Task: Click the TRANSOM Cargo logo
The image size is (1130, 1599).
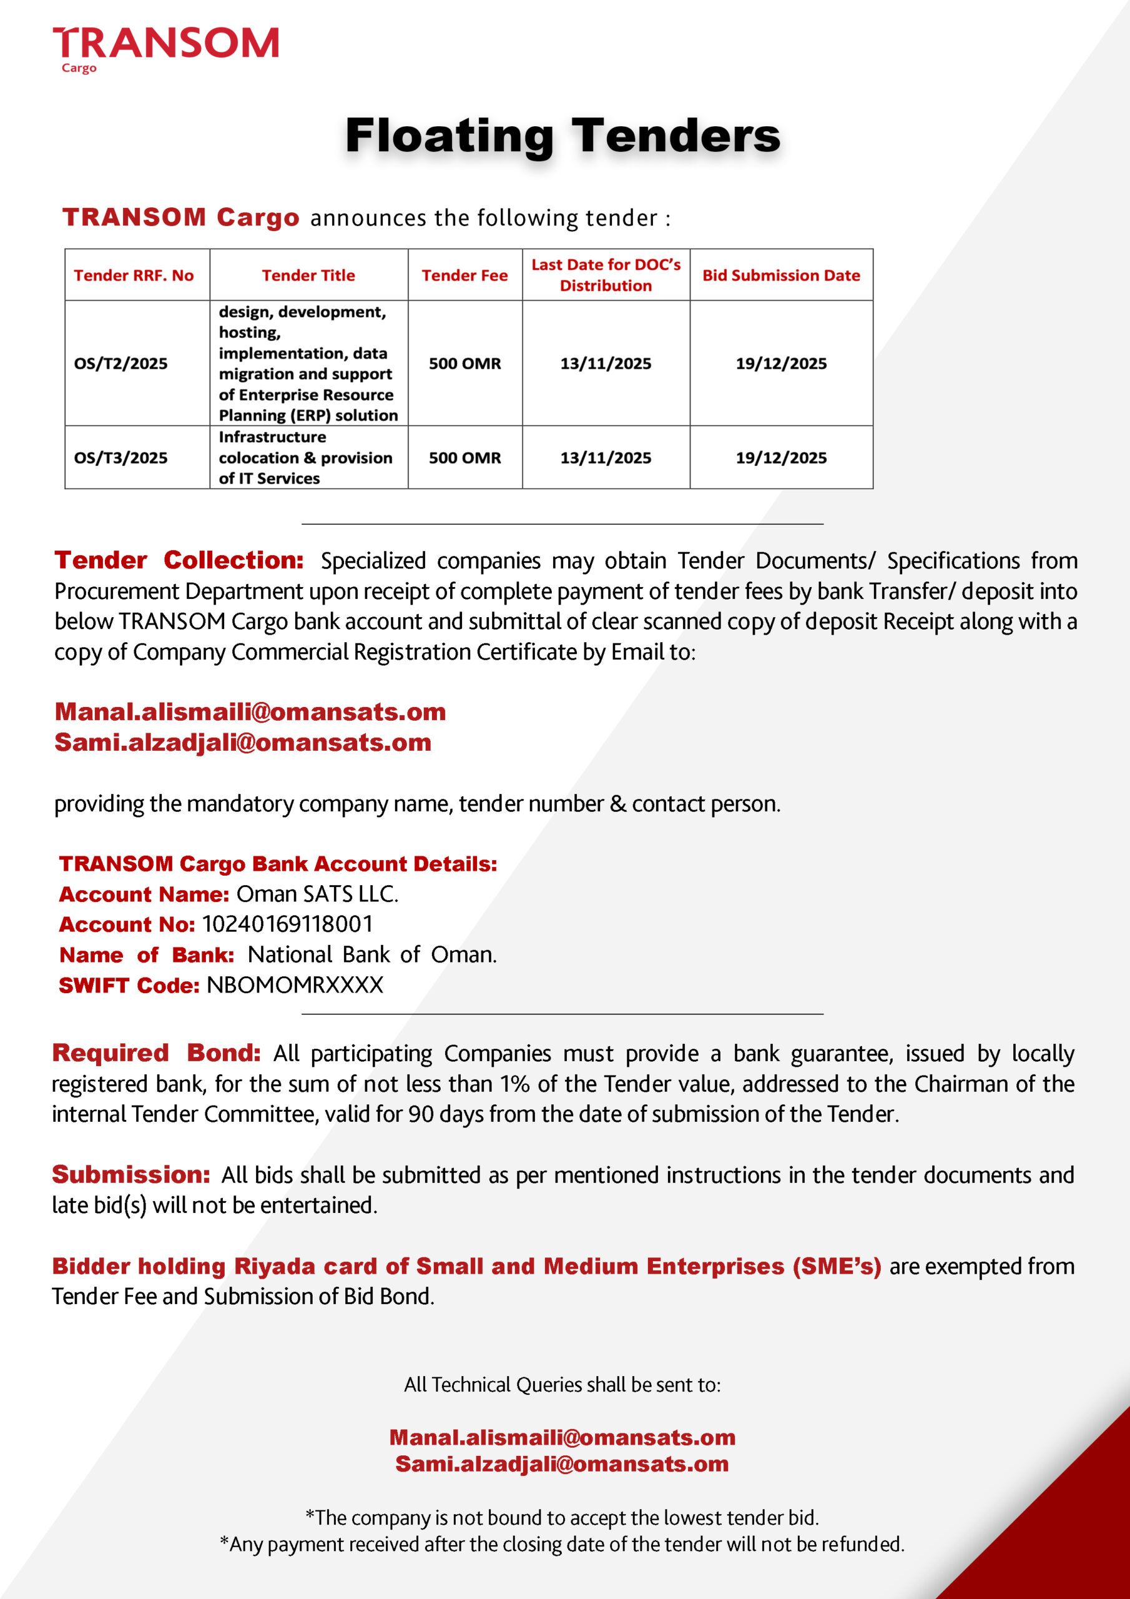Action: click(165, 49)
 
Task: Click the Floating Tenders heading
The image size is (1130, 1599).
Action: click(563, 135)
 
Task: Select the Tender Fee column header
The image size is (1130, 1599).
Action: click(464, 275)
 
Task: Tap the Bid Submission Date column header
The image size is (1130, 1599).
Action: click(780, 275)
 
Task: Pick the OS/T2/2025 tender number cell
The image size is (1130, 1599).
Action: click(120, 364)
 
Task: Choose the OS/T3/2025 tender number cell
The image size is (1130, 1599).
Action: click(120, 458)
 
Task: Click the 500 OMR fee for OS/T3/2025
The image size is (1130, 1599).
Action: click(464, 458)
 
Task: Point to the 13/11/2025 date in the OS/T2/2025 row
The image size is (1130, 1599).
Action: click(606, 364)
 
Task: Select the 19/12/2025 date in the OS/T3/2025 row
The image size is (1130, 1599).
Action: click(780, 458)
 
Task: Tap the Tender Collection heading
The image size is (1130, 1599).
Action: click(179, 560)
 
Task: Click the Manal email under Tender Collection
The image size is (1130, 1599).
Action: click(250, 712)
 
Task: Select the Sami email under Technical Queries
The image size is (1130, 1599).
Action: click(562, 1464)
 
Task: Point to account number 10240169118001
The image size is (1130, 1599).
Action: click(288, 924)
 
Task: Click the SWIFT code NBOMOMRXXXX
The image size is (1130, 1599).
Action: click(295, 985)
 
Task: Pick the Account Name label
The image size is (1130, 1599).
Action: click(144, 894)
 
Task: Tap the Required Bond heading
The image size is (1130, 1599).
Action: click(156, 1053)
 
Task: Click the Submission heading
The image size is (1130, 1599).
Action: click(131, 1174)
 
